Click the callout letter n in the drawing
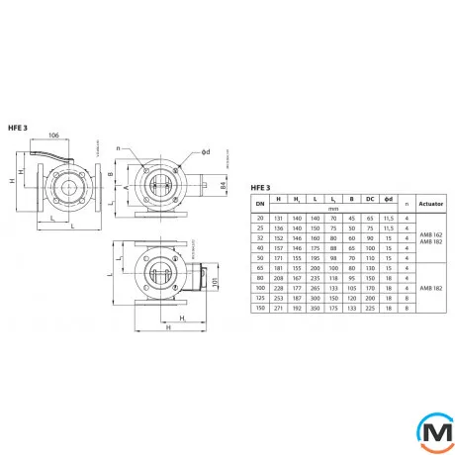point(119,145)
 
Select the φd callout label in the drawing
point(206,152)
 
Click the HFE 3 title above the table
point(246,187)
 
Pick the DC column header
point(370,199)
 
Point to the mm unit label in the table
point(334,209)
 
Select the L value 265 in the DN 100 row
point(314,288)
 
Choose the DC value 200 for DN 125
point(370,299)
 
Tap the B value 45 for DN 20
point(351,218)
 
